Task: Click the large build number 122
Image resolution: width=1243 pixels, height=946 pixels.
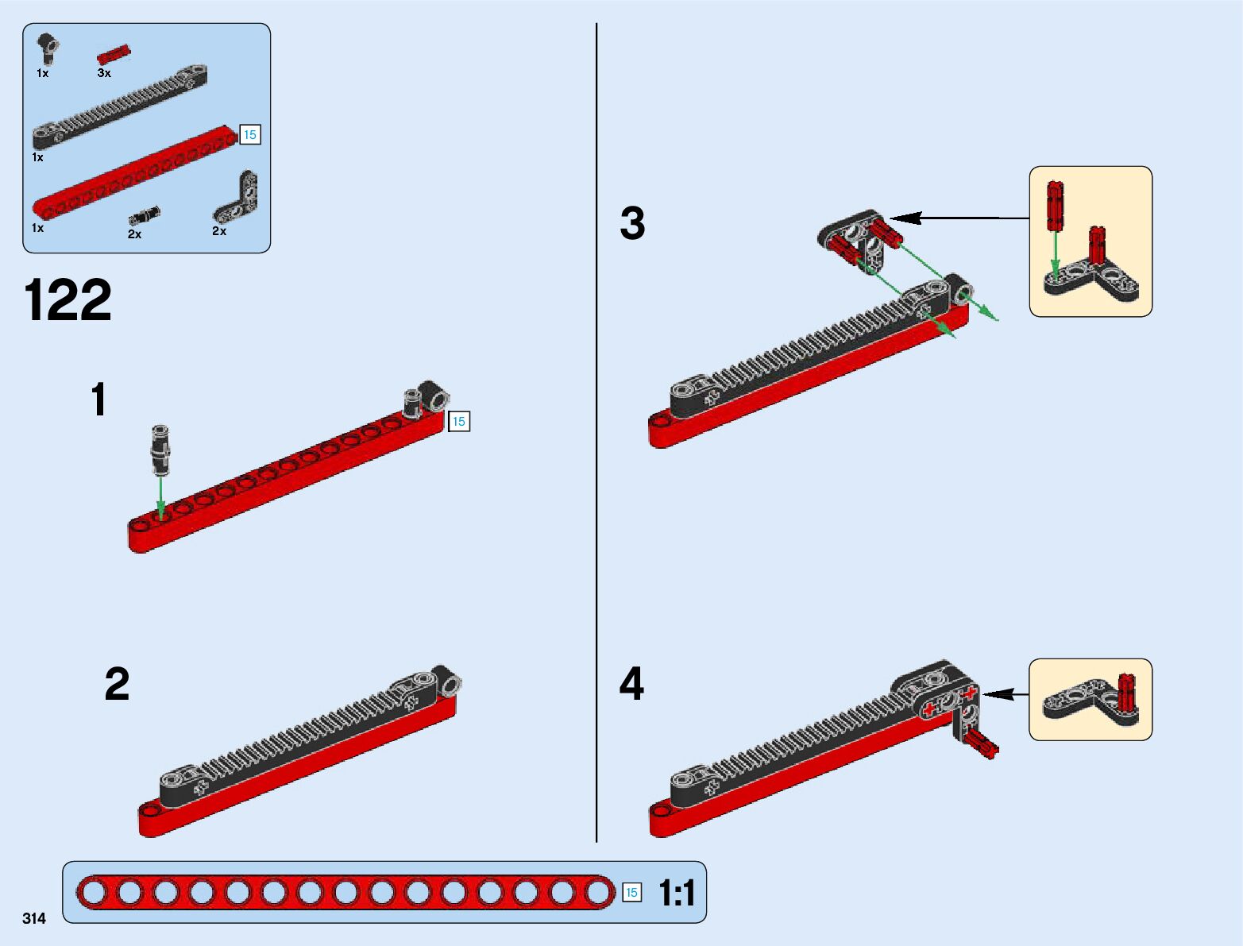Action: click(x=68, y=300)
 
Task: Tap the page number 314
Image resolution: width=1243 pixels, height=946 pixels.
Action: click(x=34, y=918)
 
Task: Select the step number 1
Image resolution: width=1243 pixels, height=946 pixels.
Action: click(x=98, y=400)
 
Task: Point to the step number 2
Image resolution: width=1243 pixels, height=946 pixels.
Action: click(x=117, y=684)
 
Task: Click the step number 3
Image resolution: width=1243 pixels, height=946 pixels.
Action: click(x=632, y=223)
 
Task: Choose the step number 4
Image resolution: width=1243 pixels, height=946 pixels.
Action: click(x=631, y=684)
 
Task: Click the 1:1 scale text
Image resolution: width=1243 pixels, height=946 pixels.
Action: click(x=677, y=894)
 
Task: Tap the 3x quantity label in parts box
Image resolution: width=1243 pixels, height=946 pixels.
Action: click(x=104, y=73)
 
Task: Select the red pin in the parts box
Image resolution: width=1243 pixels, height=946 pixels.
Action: click(x=114, y=55)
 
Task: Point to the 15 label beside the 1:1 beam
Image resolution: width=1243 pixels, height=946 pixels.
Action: click(x=631, y=893)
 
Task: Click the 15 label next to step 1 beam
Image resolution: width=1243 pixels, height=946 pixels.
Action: click(x=459, y=421)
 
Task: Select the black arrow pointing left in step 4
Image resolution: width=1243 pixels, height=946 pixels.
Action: click(x=1006, y=694)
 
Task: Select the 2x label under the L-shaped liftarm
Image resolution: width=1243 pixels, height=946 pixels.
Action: click(x=219, y=231)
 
